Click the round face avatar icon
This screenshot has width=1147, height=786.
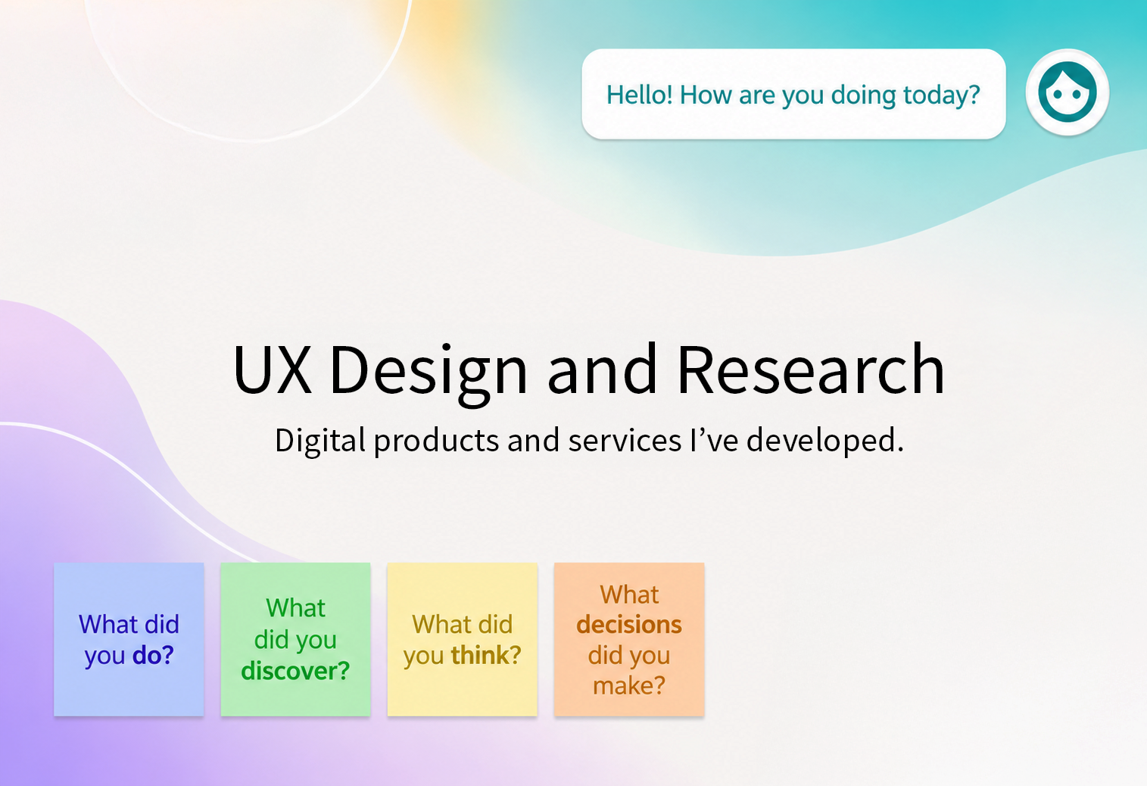pyautogui.click(x=1067, y=92)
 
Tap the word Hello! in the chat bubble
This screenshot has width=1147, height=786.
pyautogui.click(x=639, y=95)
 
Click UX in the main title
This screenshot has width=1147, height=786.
pyautogui.click(x=272, y=370)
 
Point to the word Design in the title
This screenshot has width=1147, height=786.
pyautogui.click(x=428, y=374)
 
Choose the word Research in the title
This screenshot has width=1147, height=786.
pyautogui.click(x=811, y=370)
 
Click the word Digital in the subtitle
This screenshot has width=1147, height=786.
pyautogui.click(x=320, y=441)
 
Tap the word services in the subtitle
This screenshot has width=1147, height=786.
pyautogui.click(x=624, y=441)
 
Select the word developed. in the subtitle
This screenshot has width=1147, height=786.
pyautogui.click(x=824, y=441)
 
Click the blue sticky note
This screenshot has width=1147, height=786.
pyautogui.click(x=129, y=639)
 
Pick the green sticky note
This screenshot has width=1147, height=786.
pyautogui.click(x=295, y=639)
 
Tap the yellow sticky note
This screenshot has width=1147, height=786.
pyautogui.click(x=463, y=639)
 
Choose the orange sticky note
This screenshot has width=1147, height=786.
pyautogui.click(x=629, y=639)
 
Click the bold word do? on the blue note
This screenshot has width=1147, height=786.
pyautogui.click(x=153, y=655)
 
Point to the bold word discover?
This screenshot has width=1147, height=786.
pyautogui.click(x=295, y=671)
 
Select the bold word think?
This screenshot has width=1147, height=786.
pyautogui.click(x=485, y=655)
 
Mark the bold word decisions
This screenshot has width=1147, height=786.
pyautogui.click(x=629, y=625)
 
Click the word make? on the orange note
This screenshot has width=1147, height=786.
pyautogui.click(x=629, y=685)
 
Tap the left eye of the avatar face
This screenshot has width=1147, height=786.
pyautogui.click(x=1057, y=95)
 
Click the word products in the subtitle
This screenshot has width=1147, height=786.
pyautogui.click(x=436, y=441)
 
